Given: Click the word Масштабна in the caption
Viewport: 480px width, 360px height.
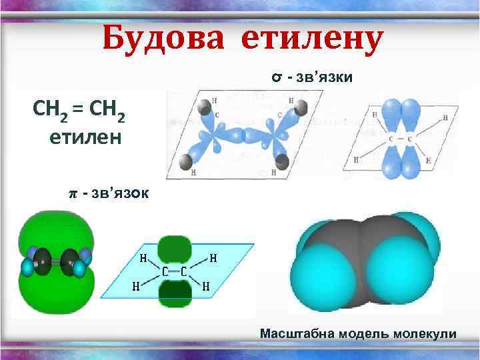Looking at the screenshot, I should coord(297,333).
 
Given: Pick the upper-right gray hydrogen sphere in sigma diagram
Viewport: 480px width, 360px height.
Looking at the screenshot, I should coord(300,107).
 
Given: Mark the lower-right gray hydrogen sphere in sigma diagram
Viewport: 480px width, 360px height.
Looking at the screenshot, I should coord(283,161).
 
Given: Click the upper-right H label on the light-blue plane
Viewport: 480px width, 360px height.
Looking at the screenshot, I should coord(213,257).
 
